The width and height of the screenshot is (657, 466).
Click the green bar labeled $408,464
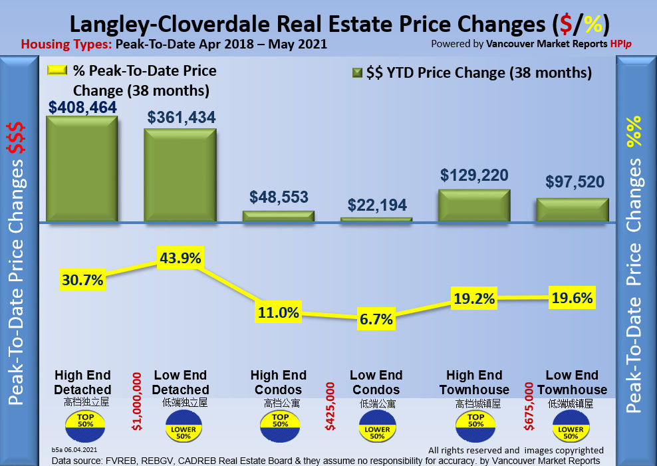81,169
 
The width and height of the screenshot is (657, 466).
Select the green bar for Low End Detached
180,175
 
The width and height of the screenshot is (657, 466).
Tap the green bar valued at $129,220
474,205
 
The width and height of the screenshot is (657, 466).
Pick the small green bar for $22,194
376,219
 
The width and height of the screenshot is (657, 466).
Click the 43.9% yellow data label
179,258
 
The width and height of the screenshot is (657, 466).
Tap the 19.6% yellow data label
572,298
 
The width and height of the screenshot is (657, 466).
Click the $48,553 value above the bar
279,197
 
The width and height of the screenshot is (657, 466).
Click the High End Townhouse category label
474,382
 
